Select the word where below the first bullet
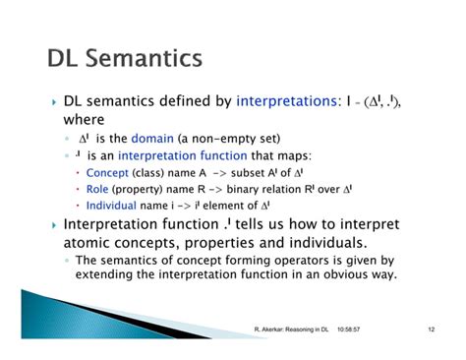pos(85,119)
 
